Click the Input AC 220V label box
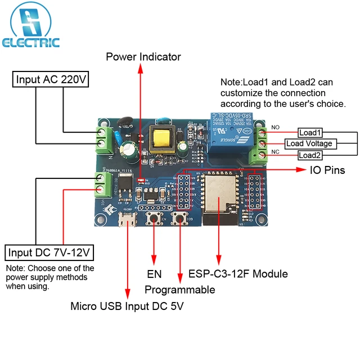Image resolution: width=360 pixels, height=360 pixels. pyautogui.click(x=51, y=79)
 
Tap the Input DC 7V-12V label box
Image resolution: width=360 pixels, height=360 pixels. pyautogui.click(x=50, y=251)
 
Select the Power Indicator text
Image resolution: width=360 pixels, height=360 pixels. pyautogui.click(x=143, y=56)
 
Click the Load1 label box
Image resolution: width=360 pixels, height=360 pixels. pyautogui.click(x=310, y=133)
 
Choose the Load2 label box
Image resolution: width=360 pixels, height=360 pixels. pyautogui.click(x=310, y=155)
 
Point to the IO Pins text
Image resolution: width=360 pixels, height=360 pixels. pyautogui.click(x=327, y=170)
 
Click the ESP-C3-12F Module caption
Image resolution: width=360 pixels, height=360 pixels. pyautogui.click(x=238, y=274)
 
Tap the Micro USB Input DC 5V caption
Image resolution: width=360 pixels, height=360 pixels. pyautogui.click(x=127, y=307)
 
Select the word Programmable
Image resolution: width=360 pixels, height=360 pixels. pyautogui.click(x=180, y=290)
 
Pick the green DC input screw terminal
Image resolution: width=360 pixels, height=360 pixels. pyautogui.click(x=102, y=182)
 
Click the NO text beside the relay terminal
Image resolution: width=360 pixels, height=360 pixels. pyautogui.click(x=276, y=128)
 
